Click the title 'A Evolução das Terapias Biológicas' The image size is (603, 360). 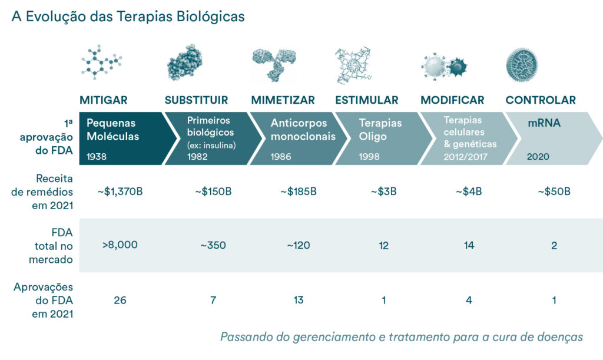click(x=127, y=16)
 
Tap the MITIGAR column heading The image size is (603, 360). click(x=104, y=100)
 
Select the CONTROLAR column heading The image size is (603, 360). click(x=541, y=100)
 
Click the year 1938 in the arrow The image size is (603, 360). click(x=97, y=157)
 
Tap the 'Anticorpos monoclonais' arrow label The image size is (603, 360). click(x=303, y=130)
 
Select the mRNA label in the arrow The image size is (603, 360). click(x=544, y=124)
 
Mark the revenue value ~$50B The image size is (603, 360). click(x=554, y=191)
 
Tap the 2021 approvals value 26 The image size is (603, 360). click(x=120, y=300)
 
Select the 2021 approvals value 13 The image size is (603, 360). click(x=298, y=300)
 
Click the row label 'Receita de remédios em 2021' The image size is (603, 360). click(x=47, y=191)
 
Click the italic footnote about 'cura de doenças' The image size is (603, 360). click(x=401, y=337)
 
